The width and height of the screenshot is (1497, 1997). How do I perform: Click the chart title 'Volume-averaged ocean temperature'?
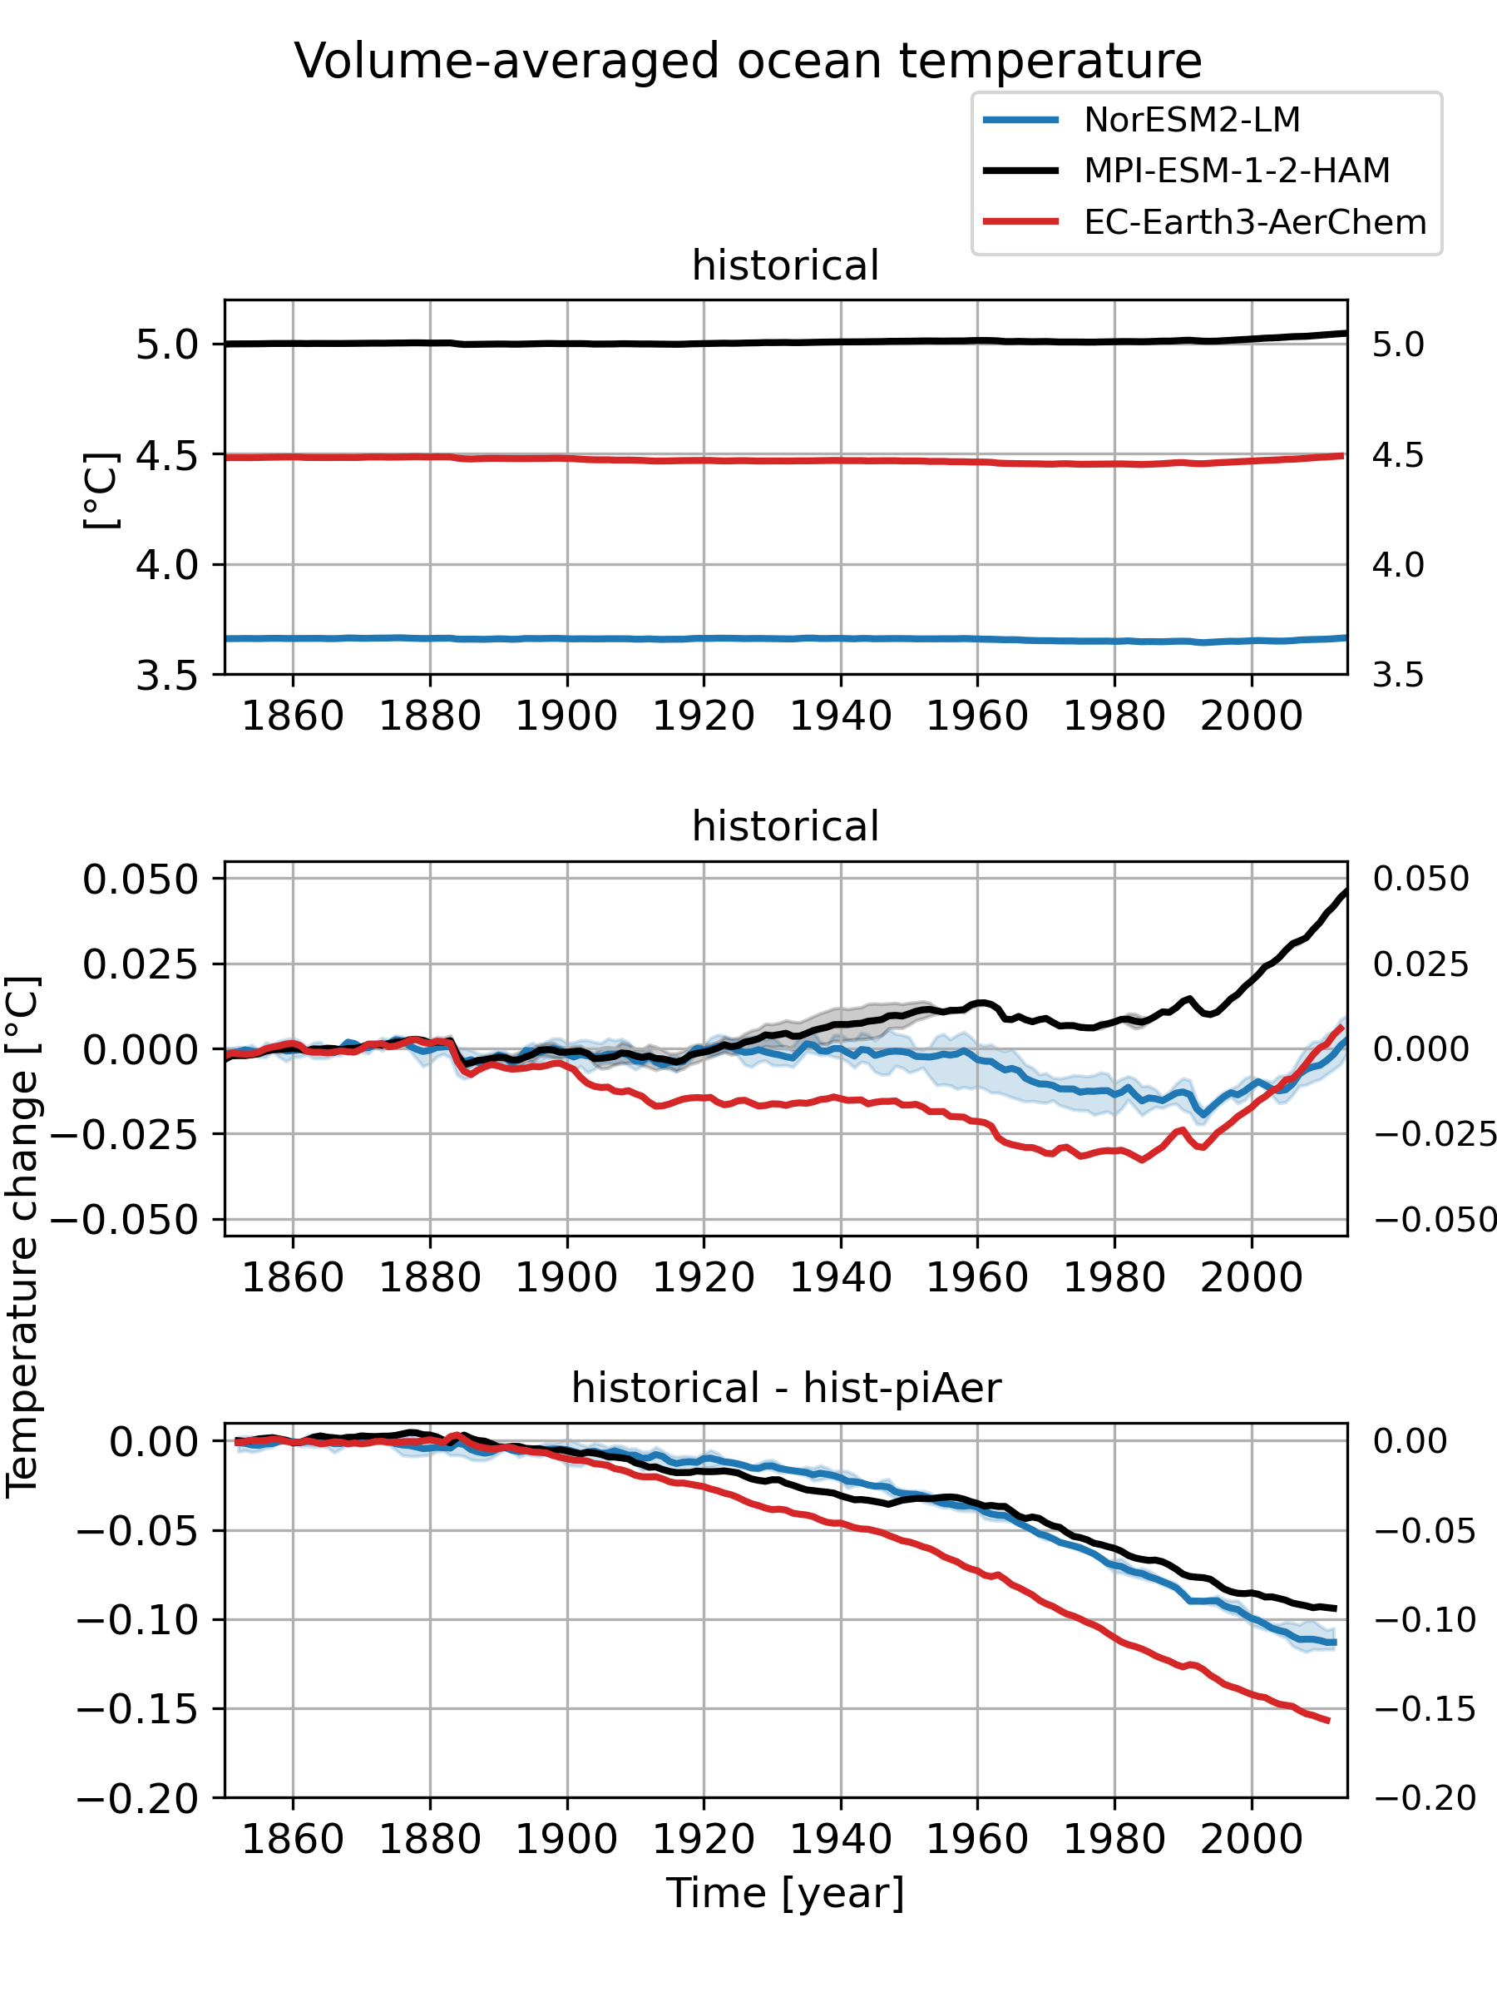click(x=747, y=62)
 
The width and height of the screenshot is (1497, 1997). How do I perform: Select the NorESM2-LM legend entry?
click(x=1191, y=120)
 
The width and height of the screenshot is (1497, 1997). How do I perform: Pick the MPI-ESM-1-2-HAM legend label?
click(x=1236, y=171)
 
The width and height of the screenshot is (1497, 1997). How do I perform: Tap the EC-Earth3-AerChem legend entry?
click(x=1254, y=222)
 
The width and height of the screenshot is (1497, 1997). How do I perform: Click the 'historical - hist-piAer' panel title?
click(x=785, y=1388)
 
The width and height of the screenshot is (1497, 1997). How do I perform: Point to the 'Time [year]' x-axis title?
click(x=785, y=1892)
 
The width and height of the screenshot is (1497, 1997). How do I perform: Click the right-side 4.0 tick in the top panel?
click(x=1398, y=565)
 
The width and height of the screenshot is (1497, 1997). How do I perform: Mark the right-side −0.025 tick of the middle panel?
click(x=1435, y=1134)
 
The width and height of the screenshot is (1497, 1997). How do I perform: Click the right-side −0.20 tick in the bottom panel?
click(x=1425, y=1798)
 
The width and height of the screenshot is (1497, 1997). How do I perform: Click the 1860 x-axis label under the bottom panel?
click(x=294, y=1840)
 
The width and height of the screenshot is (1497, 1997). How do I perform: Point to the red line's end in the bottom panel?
click(x=1328, y=1721)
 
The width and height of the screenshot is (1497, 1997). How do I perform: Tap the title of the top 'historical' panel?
click(x=785, y=265)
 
